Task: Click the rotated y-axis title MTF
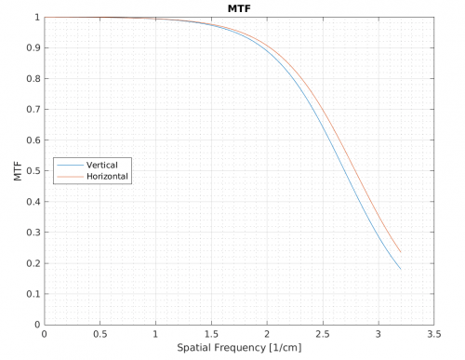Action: (x=19, y=171)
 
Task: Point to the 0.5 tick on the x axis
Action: (x=100, y=334)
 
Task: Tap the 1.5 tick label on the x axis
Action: (x=211, y=334)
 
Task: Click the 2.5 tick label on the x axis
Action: (x=322, y=334)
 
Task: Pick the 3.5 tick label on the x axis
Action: (x=432, y=334)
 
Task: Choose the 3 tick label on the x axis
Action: (x=378, y=334)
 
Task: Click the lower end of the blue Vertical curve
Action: (x=400, y=269)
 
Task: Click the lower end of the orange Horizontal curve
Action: (x=400, y=252)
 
